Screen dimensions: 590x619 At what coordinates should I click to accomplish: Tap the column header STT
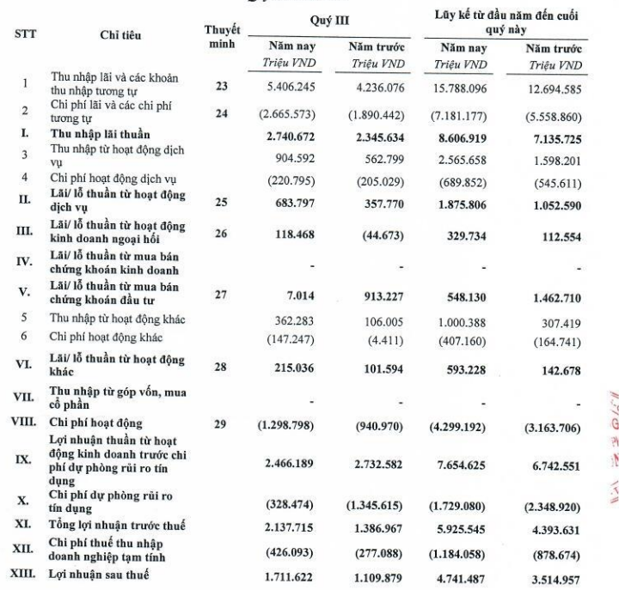(26, 35)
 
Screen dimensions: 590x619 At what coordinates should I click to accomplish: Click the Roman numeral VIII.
(25, 423)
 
